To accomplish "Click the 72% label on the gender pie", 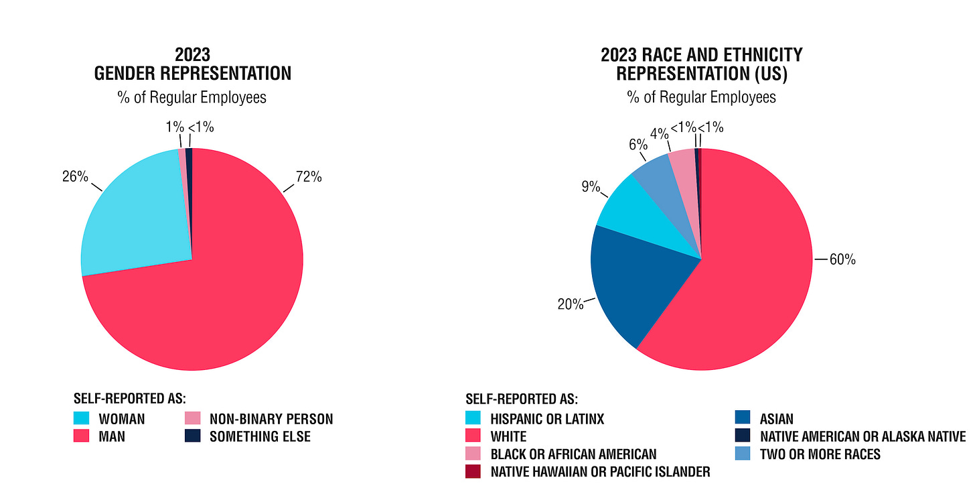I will tap(309, 177).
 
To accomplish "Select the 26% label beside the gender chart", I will tap(76, 176).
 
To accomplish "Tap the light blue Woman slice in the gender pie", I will tap(134, 214).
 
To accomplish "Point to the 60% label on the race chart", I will tap(842, 259).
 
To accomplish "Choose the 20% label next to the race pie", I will tap(571, 304).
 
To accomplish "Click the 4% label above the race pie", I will tap(660, 133).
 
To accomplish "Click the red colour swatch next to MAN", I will tap(82, 436).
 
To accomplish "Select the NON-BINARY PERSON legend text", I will tap(271, 420).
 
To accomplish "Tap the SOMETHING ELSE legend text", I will tap(260, 436).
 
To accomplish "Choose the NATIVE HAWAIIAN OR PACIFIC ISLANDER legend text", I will tap(600, 472).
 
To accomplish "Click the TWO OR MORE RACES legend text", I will tap(820, 454).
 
